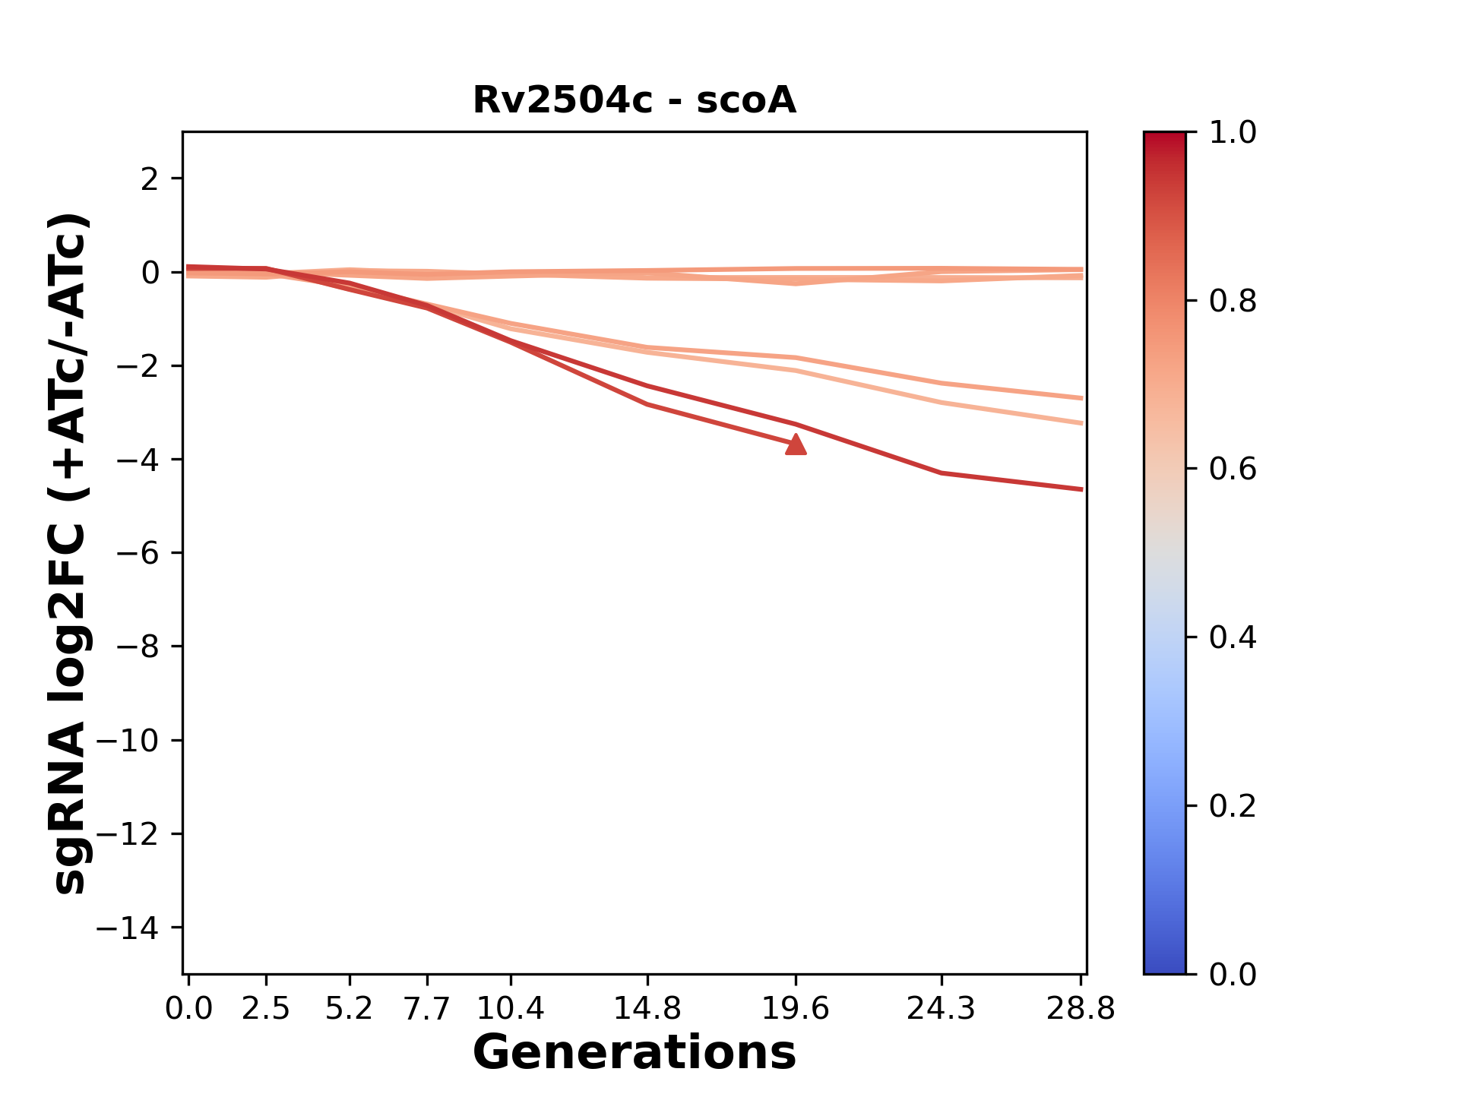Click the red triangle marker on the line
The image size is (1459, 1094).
point(796,445)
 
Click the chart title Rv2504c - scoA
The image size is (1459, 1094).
point(635,100)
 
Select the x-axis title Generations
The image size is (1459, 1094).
point(635,1053)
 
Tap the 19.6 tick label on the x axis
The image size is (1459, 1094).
point(796,1009)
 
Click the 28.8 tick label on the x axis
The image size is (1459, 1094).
point(1081,1009)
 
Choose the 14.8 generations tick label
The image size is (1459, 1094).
point(647,1009)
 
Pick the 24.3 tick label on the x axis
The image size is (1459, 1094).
point(942,1009)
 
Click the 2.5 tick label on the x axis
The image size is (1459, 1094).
point(266,1009)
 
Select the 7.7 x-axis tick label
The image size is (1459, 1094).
point(428,1009)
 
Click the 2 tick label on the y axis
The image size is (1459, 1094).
point(150,179)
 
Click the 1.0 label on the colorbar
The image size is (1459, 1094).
point(1233,133)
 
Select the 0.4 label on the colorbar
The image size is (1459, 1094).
point(1233,637)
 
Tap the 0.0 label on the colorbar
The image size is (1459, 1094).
point(1233,974)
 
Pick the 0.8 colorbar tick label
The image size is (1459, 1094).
point(1233,302)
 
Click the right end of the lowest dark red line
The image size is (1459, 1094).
point(1081,489)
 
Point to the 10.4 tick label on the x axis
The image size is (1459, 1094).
point(511,1009)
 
